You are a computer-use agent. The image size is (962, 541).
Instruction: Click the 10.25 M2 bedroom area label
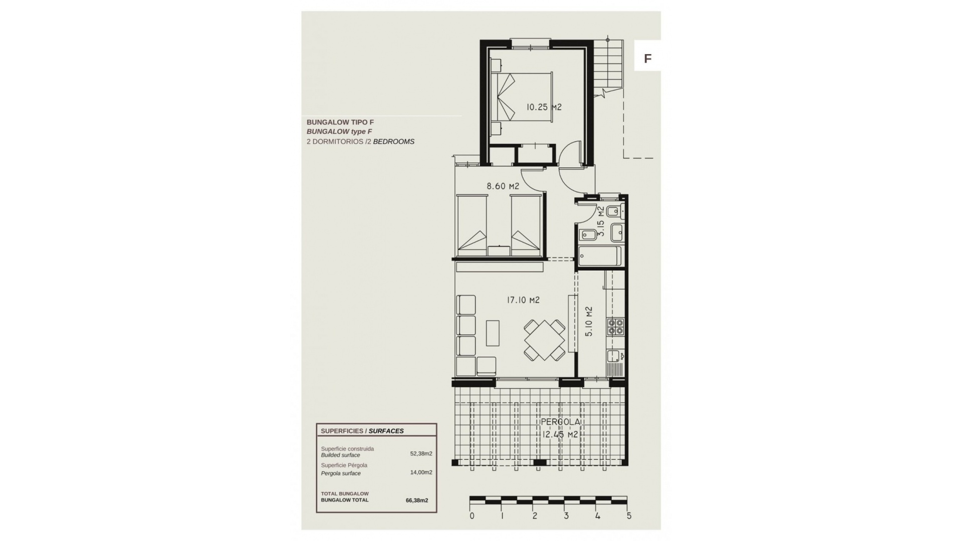click(544, 107)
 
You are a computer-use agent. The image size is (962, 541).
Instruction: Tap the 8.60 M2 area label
click(503, 186)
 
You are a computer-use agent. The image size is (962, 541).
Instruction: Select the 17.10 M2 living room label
click(523, 301)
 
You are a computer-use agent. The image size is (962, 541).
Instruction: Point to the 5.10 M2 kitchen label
click(589, 321)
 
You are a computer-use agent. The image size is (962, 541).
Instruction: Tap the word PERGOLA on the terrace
click(560, 423)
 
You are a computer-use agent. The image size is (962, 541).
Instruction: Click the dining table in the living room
click(544, 340)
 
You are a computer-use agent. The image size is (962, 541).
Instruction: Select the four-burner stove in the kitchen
click(615, 327)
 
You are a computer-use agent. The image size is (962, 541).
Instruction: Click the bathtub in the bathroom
click(600, 256)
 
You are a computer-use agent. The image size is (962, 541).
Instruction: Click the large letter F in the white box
click(647, 59)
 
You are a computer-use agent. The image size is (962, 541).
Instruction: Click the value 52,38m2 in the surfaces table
click(421, 454)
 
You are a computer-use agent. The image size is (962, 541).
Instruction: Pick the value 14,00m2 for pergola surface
click(421, 472)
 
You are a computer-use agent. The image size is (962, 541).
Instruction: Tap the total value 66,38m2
click(417, 500)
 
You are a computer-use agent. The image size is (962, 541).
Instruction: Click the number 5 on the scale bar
click(629, 516)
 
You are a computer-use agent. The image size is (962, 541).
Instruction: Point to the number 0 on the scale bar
click(472, 516)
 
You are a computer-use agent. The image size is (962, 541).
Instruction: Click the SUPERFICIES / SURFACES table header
click(362, 431)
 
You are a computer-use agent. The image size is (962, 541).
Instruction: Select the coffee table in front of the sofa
click(493, 333)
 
